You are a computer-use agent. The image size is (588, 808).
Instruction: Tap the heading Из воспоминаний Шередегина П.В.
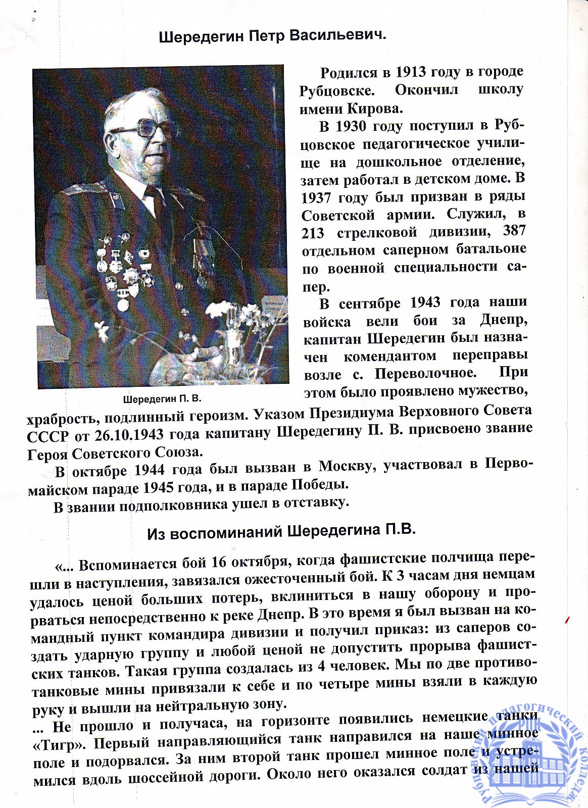[x=281, y=531]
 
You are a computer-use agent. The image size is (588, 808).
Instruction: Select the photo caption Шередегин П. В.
[x=162, y=398]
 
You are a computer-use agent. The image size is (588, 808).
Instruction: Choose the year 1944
[x=150, y=470]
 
